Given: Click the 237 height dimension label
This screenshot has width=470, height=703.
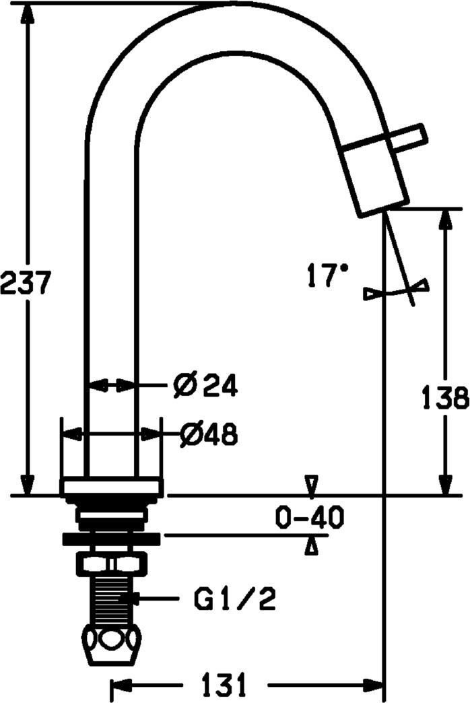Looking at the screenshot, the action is point(24,282).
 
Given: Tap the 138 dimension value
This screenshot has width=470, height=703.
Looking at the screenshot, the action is point(446,397).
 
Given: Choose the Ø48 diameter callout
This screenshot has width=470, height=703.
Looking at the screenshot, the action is point(209,434).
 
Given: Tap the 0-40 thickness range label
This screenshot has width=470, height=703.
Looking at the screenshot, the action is point(310,517).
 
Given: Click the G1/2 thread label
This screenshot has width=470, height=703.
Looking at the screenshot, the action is point(234,599).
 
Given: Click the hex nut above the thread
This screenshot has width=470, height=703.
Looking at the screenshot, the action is point(112,564).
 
